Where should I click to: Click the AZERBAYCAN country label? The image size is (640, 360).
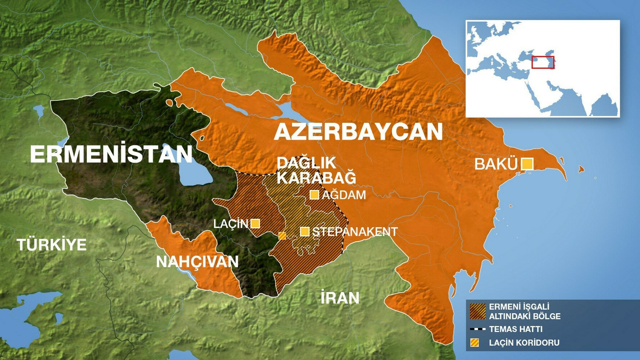click(358, 132)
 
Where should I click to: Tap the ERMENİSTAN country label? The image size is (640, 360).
click(111, 154)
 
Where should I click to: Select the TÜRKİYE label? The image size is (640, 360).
click(52, 245)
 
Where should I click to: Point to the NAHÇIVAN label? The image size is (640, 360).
click(197, 262)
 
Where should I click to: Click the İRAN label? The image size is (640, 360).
click(340, 298)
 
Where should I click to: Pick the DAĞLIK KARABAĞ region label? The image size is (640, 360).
click(316, 170)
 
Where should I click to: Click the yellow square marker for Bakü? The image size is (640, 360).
click(527, 164)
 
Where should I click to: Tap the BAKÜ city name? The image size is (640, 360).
click(496, 164)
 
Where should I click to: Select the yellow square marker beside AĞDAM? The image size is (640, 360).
click(314, 195)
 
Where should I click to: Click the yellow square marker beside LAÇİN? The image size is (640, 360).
click(255, 224)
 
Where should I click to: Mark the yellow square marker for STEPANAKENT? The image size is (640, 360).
click(305, 231)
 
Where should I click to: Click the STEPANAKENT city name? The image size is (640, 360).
click(355, 231)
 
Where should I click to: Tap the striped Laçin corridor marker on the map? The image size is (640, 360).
click(283, 236)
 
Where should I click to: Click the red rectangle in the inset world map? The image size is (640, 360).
click(542, 62)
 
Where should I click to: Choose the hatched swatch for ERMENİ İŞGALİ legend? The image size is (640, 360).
click(478, 311)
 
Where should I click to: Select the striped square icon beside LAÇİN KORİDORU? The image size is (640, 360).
click(475, 343)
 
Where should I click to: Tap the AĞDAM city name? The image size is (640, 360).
click(344, 195)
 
